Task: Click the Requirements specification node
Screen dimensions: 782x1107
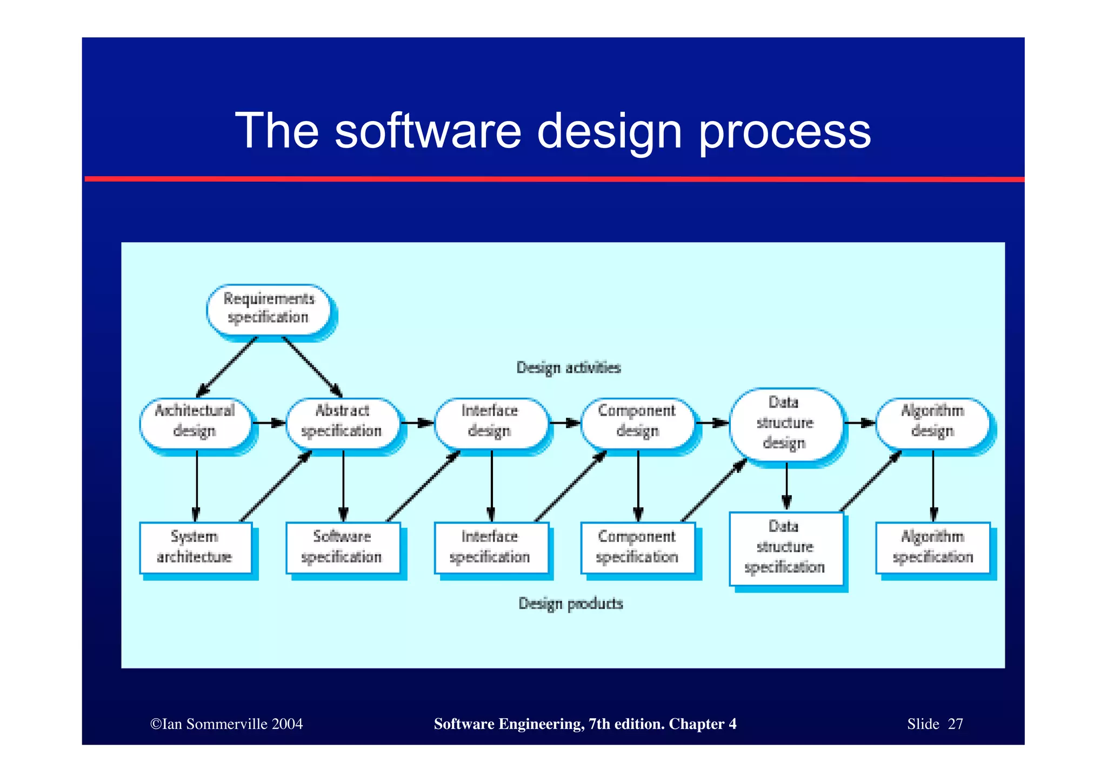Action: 269,309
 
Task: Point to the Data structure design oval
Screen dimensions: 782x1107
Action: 785,423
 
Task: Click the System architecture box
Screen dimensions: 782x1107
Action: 195,547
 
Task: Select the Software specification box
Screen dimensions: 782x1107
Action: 342,547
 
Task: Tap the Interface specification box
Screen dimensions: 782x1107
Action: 490,547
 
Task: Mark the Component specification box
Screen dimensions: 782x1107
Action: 637,547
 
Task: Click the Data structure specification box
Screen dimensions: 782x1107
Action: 785,548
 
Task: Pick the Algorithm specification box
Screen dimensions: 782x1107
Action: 932,547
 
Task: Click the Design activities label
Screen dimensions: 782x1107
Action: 569,368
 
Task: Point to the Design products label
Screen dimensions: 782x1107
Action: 571,603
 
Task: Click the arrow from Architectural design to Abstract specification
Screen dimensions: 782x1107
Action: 269,423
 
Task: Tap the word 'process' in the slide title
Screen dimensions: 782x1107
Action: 785,131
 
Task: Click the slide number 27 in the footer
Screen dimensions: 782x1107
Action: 955,724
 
